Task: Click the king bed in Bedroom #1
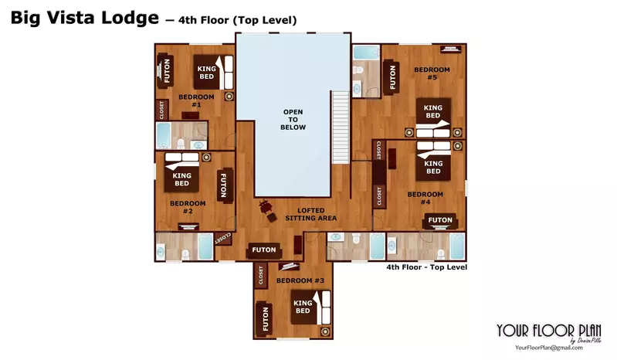tap(208, 73)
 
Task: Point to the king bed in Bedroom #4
tap(433, 163)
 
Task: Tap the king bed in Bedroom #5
tap(432, 113)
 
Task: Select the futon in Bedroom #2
tap(223, 186)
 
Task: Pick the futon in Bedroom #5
tap(392, 77)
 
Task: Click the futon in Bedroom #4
tap(440, 220)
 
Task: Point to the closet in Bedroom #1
tap(162, 110)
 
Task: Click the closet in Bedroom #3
tap(262, 277)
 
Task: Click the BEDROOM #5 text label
tap(425, 73)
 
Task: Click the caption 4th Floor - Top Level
tap(426, 267)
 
